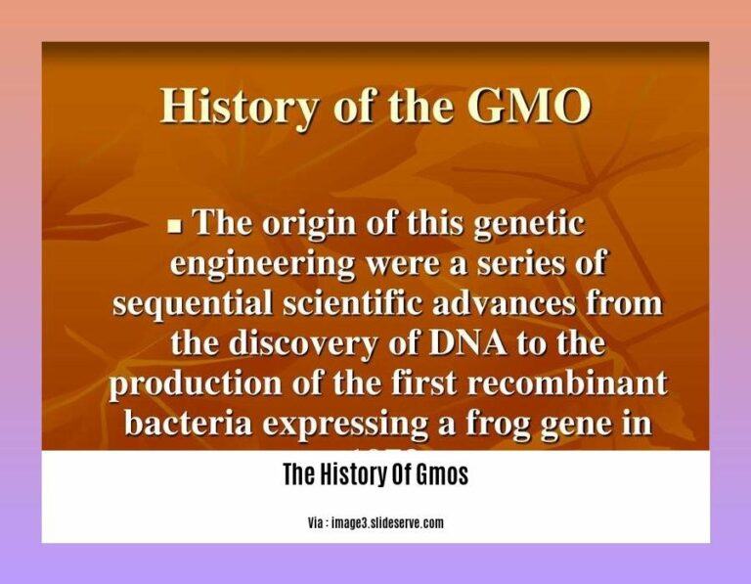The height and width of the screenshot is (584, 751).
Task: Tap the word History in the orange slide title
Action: (x=230, y=106)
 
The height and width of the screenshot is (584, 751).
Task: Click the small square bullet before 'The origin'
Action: (x=176, y=226)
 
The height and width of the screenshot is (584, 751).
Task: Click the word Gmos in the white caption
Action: (x=442, y=475)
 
